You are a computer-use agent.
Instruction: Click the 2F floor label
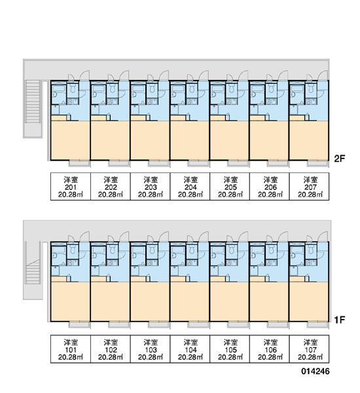pyautogui.click(x=340, y=159)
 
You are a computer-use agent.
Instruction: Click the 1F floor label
pyautogui.click(x=340, y=320)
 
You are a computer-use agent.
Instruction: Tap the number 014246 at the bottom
pyautogui.click(x=315, y=371)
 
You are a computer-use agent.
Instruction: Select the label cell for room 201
pyautogui.click(x=71, y=187)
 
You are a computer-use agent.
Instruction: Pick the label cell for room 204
pyautogui.click(x=190, y=187)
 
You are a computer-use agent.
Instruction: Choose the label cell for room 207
pyautogui.click(x=310, y=187)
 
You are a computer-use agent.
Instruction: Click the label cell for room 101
pyautogui.click(x=71, y=349)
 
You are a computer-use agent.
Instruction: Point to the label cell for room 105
pyautogui.click(x=230, y=349)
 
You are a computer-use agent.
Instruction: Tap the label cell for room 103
pyautogui.click(x=151, y=349)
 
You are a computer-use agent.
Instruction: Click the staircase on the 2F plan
pyautogui.click(x=33, y=102)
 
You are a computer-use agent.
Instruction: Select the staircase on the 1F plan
pyautogui.click(x=33, y=272)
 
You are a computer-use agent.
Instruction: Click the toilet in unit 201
pyautogui.click(x=73, y=88)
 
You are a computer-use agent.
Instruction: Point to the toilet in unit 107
pyautogui.click(x=312, y=250)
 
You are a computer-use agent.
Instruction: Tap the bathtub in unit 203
pyautogui.click(x=138, y=91)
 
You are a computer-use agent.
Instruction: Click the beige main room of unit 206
pyautogui.click(x=269, y=140)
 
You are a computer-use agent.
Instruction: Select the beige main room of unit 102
pyautogui.click(x=110, y=301)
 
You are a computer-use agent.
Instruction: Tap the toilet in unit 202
pyautogui.click(x=113, y=88)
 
